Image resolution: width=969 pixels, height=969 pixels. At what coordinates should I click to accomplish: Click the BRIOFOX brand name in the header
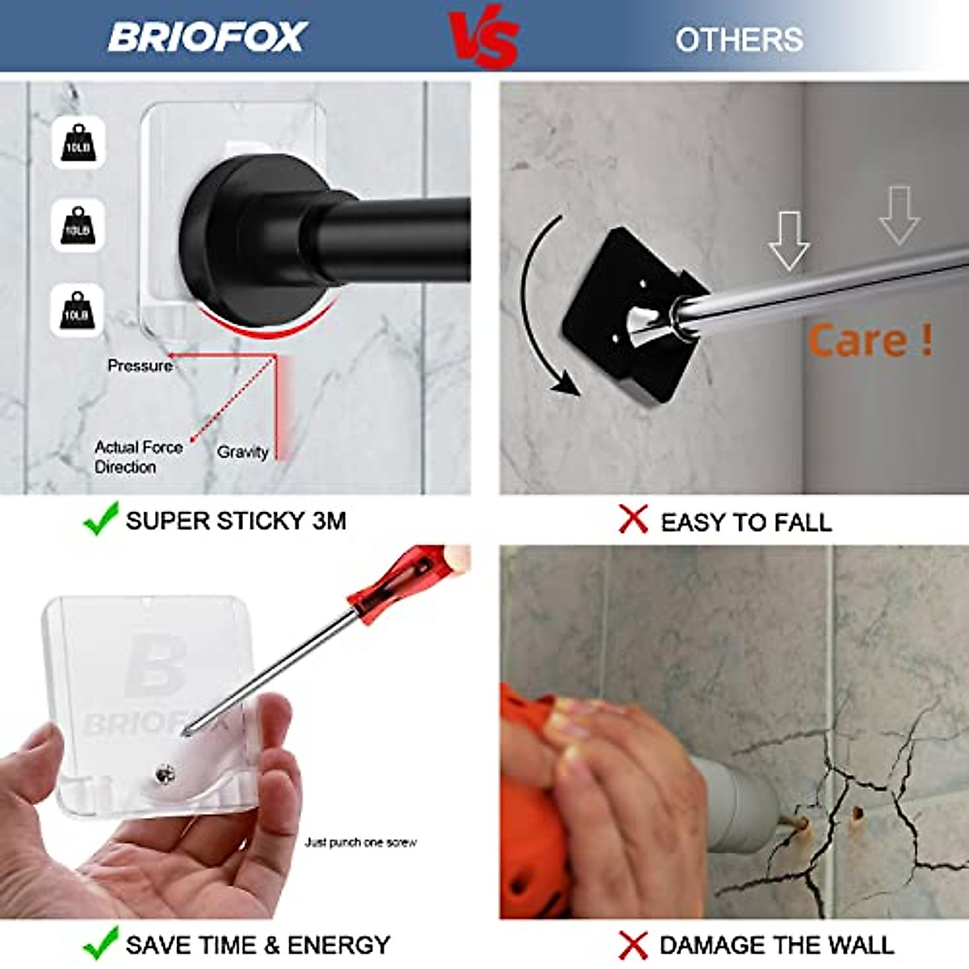[208, 37]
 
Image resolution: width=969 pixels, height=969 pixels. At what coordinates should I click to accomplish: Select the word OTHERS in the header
[739, 40]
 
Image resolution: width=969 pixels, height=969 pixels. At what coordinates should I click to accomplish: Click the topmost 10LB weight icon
[78, 143]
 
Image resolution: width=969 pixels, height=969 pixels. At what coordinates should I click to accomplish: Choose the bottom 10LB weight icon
[78, 310]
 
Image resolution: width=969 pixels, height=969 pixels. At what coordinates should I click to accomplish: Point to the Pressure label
[140, 366]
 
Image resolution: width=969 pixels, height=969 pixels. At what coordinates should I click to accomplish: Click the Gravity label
[242, 452]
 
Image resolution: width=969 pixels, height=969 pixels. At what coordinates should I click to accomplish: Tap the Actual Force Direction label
[137, 457]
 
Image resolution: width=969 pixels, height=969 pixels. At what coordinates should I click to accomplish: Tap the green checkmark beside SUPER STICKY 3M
[101, 519]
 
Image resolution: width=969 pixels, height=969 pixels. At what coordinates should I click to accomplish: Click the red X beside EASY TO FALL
[634, 519]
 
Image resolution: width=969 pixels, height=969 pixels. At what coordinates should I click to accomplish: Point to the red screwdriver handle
[396, 577]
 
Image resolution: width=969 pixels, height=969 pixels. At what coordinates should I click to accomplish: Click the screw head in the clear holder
[166, 774]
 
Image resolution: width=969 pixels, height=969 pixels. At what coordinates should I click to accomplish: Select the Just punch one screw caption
[360, 842]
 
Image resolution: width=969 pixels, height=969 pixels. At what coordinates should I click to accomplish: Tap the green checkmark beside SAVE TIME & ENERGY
[101, 942]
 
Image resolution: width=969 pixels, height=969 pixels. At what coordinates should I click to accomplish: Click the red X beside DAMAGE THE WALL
[634, 945]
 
